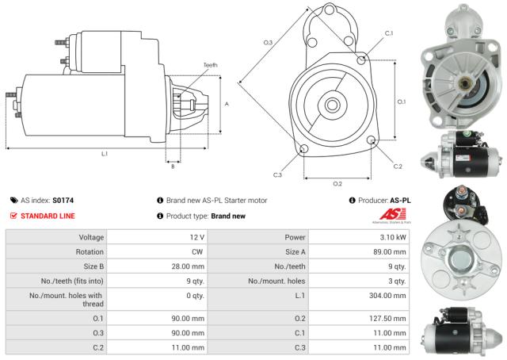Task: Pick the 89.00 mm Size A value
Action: pos(395,251)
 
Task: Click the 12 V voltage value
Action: pos(197,237)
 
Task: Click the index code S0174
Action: pos(63,201)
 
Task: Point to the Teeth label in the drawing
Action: pos(210,64)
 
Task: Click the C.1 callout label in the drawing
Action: pos(388,33)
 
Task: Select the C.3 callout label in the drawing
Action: pos(277,174)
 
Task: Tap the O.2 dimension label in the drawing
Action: pos(337,184)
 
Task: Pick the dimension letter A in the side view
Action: pos(227,104)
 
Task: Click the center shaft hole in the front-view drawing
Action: pos(332,103)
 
